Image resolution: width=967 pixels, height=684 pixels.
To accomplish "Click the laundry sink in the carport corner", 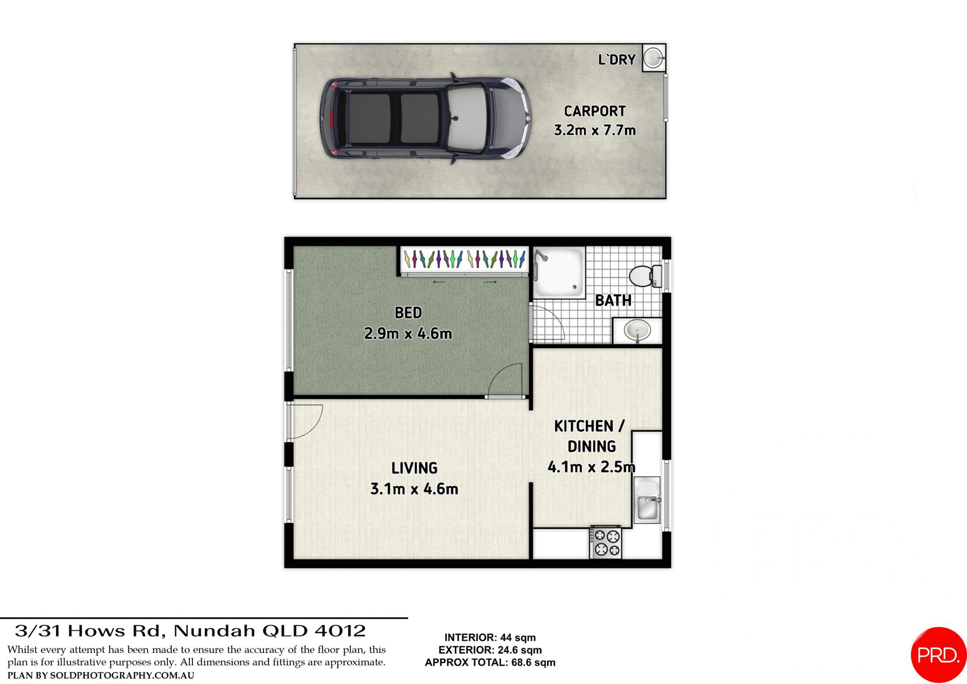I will coord(654,57).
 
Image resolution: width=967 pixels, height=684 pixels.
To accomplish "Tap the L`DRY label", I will coord(616,60).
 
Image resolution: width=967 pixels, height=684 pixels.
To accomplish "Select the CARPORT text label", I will coord(594,111).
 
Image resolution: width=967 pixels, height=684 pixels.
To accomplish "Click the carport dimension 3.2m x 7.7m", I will coord(594,130).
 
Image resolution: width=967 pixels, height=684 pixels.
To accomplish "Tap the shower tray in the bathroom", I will coord(559,272).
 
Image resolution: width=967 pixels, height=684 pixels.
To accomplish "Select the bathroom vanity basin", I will coord(637,331).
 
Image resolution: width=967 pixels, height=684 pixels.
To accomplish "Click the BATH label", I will coord(613,301).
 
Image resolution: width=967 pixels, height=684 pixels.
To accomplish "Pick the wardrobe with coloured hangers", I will coord(464,259).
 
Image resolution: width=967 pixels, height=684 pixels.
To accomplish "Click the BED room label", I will coord(408,313).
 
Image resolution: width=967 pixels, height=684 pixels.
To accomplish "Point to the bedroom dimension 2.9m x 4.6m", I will coord(408,333).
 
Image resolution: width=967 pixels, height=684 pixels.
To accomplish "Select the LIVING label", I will coord(414,468).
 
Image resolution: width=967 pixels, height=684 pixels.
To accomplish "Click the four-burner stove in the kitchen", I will coord(606,543).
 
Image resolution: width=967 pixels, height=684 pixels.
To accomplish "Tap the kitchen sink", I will coord(647,506).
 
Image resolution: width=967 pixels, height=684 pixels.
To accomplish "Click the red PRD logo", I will coord(938,655).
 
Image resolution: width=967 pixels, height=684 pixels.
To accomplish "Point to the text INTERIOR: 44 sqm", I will coord(490,638).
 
